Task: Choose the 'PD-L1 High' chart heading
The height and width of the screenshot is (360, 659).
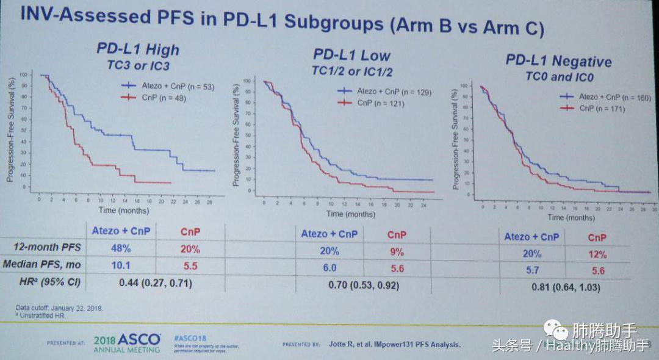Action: (x=137, y=49)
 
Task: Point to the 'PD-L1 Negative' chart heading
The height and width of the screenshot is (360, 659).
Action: (x=558, y=62)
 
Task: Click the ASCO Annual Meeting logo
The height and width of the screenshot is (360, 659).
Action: (x=127, y=343)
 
